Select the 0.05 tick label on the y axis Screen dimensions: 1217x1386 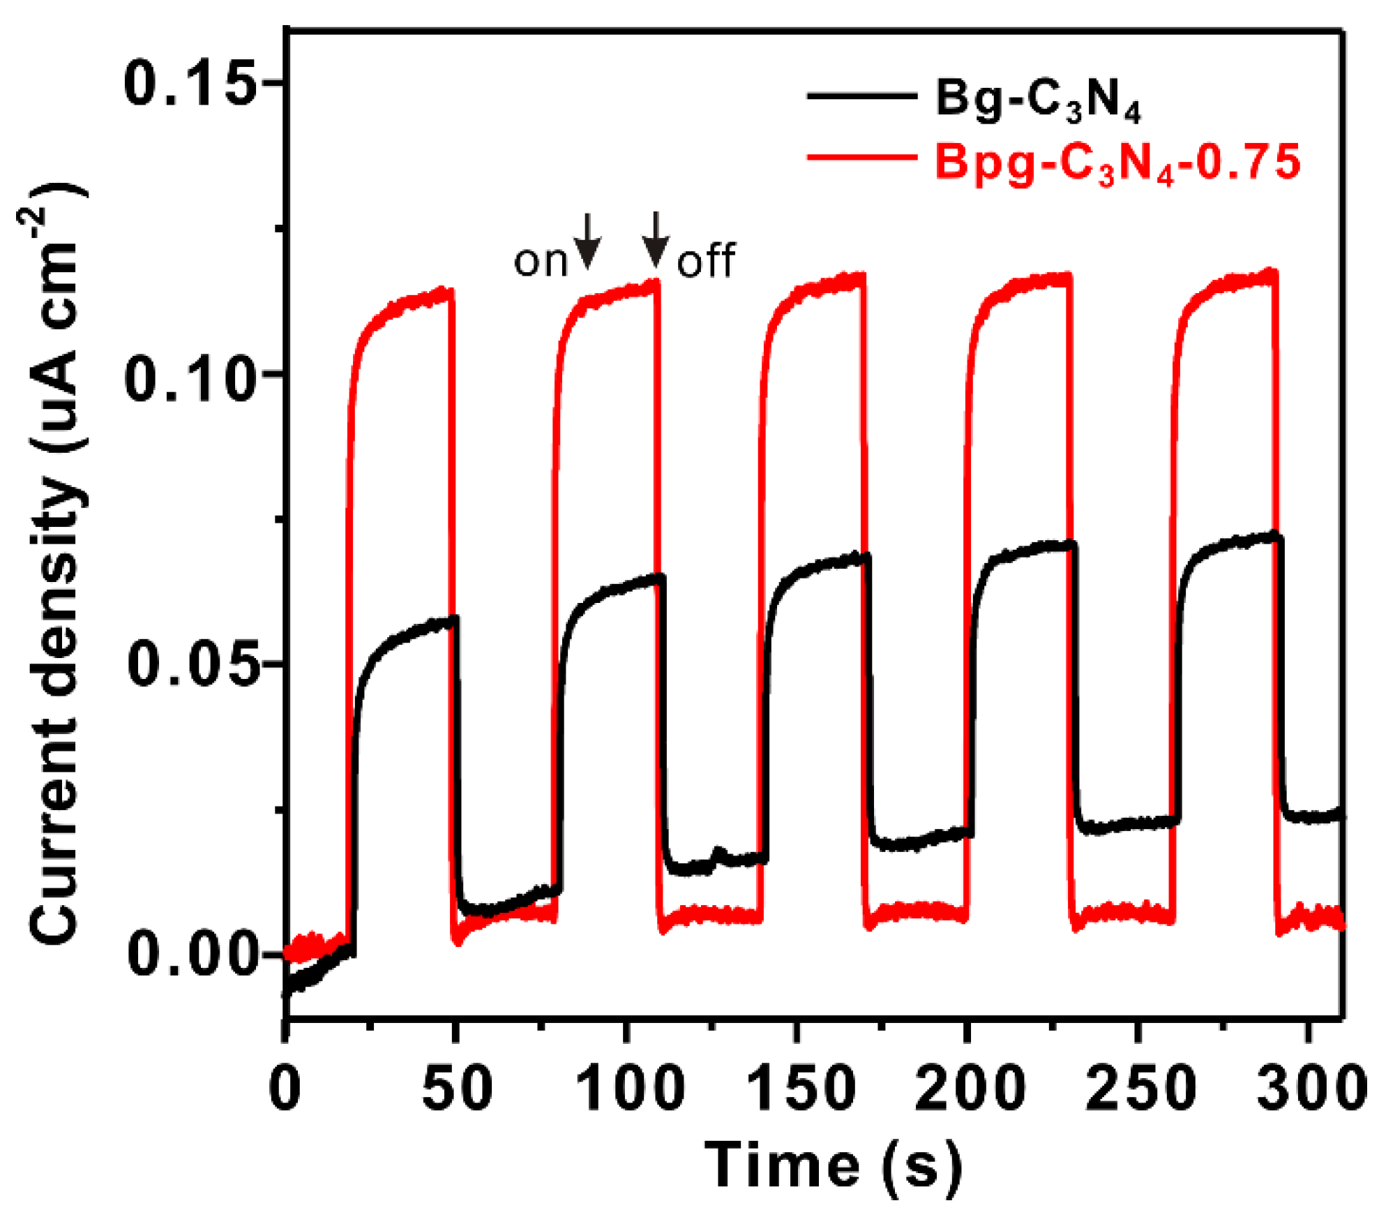[x=188, y=664]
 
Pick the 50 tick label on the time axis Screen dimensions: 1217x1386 [x=457, y=1089]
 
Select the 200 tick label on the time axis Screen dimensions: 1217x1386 [x=970, y=1089]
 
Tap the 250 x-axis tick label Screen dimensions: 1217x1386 [x=1140, y=1089]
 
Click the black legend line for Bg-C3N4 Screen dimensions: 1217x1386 [x=861, y=97]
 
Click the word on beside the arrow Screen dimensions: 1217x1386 [x=541, y=262]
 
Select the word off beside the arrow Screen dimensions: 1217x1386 [x=706, y=262]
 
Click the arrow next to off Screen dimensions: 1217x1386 [x=655, y=239]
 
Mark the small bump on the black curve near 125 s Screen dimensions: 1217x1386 [x=718, y=852]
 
